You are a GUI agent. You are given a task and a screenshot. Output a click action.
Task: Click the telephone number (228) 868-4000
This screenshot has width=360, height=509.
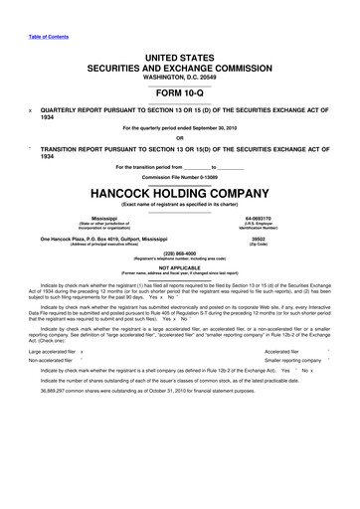click(x=180, y=252)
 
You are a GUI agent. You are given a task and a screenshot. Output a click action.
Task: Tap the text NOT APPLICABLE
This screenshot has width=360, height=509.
click(x=180, y=265)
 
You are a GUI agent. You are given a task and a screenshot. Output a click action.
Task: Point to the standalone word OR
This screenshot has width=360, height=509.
click(x=180, y=138)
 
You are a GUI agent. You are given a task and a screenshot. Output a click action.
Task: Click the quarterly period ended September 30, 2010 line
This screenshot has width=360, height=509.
click(x=180, y=127)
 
